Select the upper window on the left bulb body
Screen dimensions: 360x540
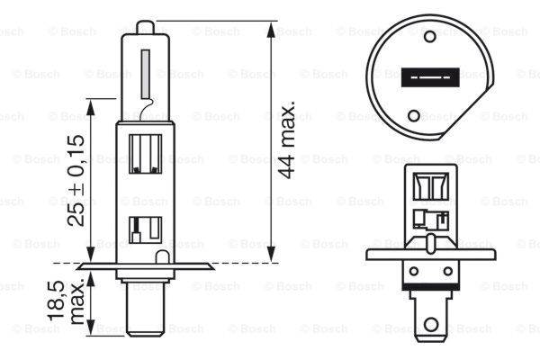[146, 153]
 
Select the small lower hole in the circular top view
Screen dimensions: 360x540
[414, 115]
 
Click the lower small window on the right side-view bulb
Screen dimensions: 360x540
[424, 218]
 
